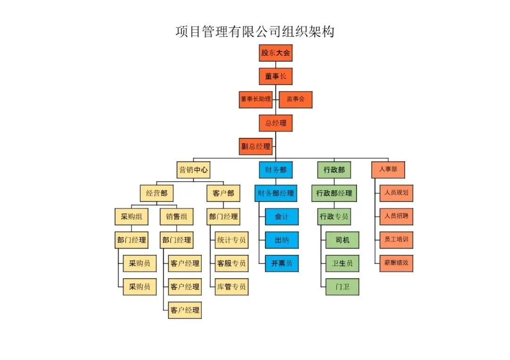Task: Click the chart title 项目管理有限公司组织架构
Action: tap(255, 32)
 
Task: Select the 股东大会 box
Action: tap(275, 52)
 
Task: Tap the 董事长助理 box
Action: tap(255, 100)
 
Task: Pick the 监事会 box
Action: tap(296, 100)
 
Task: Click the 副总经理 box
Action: tap(256, 146)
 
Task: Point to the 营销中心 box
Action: tap(193, 170)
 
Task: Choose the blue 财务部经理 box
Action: tap(275, 193)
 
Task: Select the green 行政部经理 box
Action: tap(334, 193)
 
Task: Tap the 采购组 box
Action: tap(131, 217)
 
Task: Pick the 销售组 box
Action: tap(177, 217)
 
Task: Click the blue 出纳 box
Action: tap(282, 240)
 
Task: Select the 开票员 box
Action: tap(282, 263)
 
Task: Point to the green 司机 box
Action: tap(342, 240)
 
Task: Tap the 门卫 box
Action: tap(342, 286)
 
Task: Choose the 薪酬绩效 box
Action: tap(396, 263)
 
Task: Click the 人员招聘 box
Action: tap(396, 217)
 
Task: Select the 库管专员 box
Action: tap(231, 286)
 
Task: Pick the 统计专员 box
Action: tap(231, 240)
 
